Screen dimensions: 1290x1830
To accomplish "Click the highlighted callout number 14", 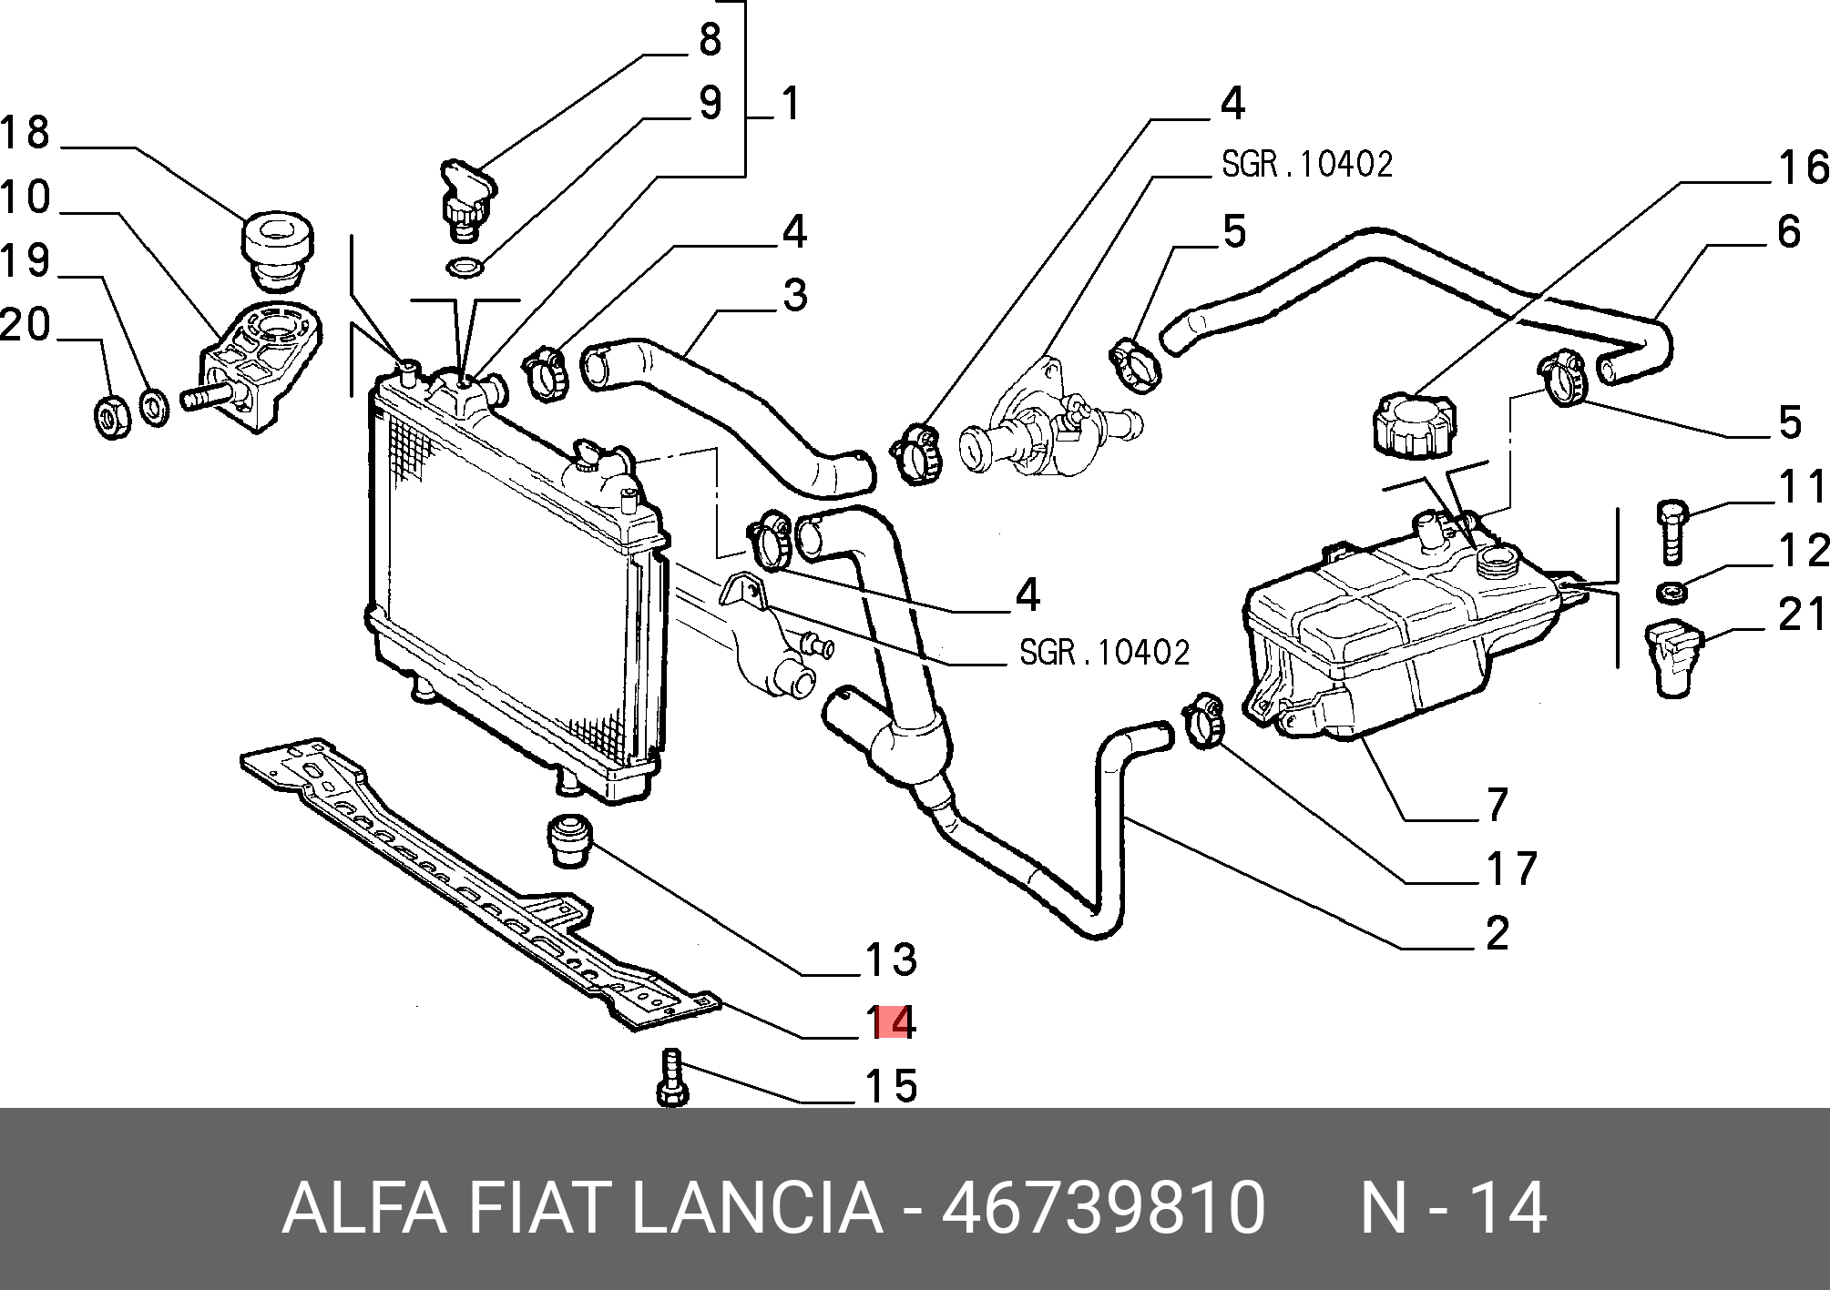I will coord(891,1022).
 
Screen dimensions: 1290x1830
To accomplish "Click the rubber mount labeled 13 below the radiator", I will coord(569,840).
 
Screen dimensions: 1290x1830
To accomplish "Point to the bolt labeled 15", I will coord(671,1078).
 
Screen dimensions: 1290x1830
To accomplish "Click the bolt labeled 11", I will coord(1672,531).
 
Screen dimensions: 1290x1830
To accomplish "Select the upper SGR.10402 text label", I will coord(1306,165).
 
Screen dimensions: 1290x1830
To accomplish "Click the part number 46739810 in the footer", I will coord(1103,1208).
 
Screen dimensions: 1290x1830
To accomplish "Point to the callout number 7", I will coord(1498,804).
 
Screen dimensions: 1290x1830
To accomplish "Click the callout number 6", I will coord(1788,232).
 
